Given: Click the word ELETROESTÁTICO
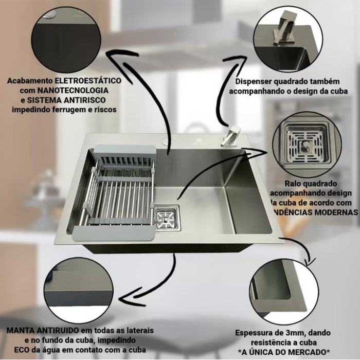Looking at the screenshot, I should point(91,81).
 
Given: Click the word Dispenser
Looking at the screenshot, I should point(255,81).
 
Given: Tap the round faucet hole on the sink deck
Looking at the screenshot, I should point(167,139).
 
